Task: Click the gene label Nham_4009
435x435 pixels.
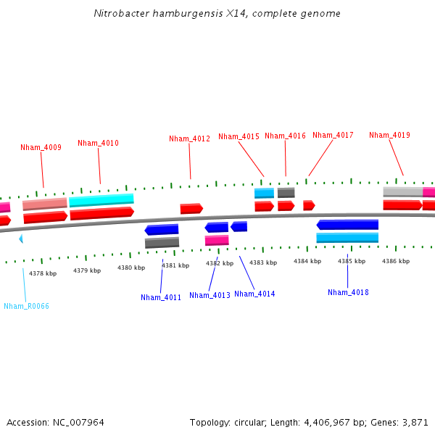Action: [41, 147]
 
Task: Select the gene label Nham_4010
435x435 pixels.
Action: [98, 143]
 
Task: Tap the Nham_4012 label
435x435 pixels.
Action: [189, 138]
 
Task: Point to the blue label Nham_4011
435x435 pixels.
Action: [161, 297]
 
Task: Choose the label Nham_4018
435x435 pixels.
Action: [348, 292]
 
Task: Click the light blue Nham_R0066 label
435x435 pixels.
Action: [26, 306]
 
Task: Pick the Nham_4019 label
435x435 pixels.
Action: [389, 135]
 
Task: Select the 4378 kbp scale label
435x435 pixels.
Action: [41, 273]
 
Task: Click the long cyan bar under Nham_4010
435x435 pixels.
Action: [101, 199]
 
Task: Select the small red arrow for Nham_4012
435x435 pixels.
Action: [191, 209]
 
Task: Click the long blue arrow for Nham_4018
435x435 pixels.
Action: [347, 225]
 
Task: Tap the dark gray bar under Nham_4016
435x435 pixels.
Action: [286, 193]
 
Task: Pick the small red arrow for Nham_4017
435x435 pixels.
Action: [309, 205]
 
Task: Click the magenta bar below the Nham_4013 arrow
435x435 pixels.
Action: [217, 240]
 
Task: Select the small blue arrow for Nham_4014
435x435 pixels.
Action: [239, 227]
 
